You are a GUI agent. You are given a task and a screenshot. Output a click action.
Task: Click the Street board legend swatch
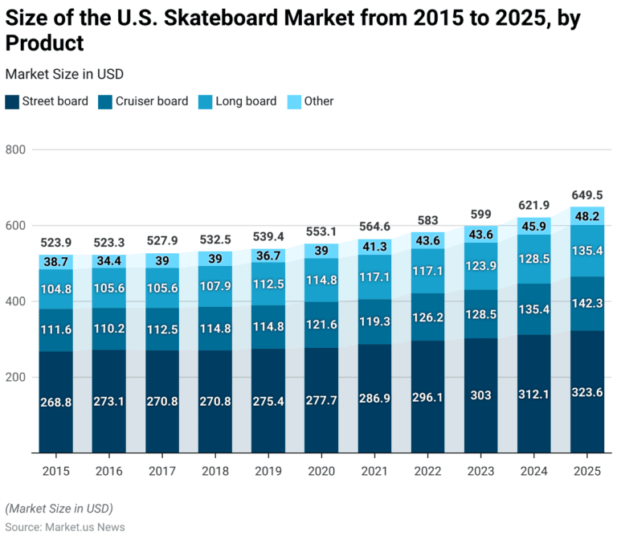pyautogui.click(x=12, y=101)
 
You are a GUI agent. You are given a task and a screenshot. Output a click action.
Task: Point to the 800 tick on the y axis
pyautogui.click(x=16, y=150)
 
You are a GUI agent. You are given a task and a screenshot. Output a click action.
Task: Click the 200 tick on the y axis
pyautogui.click(x=16, y=378)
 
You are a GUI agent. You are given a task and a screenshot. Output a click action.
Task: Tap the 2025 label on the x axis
pyautogui.click(x=587, y=472)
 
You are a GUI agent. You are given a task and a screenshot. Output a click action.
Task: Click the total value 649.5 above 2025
pyautogui.click(x=587, y=195)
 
